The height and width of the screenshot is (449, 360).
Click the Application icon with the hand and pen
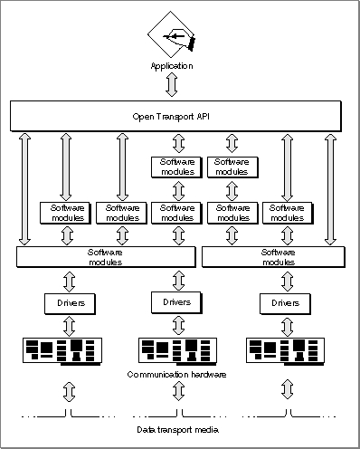[x=171, y=34]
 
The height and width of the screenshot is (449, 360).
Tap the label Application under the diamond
[x=172, y=66]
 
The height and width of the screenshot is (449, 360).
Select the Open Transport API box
[x=175, y=116]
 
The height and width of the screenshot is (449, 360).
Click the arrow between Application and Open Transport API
[x=172, y=85]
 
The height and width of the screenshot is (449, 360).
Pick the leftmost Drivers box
[x=70, y=304]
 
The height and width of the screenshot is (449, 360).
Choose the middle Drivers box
[x=176, y=302]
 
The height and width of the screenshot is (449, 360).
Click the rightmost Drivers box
[x=285, y=304]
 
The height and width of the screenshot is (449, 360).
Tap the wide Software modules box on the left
[x=106, y=257]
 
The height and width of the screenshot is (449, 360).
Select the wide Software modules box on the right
[x=273, y=257]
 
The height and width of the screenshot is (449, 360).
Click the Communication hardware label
[x=176, y=375]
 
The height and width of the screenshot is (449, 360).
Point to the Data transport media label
[x=177, y=429]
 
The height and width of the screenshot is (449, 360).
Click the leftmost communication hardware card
[x=62, y=351]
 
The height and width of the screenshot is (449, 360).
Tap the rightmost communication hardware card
[x=286, y=351]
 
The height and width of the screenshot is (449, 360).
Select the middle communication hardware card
[x=177, y=351]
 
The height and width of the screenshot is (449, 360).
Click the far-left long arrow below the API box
[x=24, y=189]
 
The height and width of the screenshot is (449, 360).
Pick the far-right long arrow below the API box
[x=331, y=189]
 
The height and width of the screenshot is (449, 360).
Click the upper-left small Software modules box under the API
[x=176, y=167]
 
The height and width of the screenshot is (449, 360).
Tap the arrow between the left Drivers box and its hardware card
[x=70, y=326]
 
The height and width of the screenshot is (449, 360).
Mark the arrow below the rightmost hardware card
[x=287, y=390]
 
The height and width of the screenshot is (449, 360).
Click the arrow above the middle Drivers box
[x=178, y=281]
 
